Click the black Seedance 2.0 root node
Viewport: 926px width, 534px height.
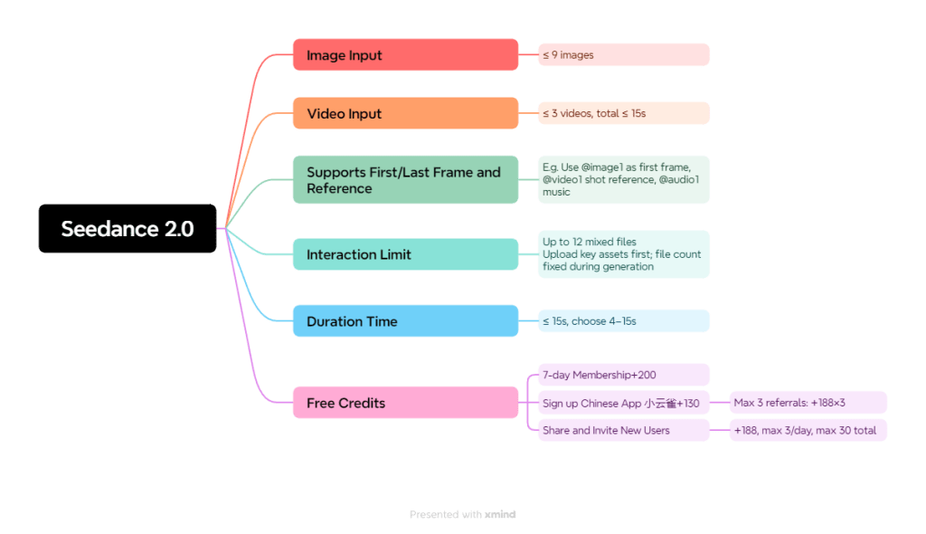point(128,228)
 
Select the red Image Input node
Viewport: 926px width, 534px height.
point(405,55)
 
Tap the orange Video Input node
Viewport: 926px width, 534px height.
point(405,114)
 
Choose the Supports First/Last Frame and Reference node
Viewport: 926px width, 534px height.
point(405,180)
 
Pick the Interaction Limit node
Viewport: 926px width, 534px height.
point(405,254)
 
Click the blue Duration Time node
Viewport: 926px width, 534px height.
point(405,321)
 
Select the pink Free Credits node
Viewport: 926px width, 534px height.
point(405,403)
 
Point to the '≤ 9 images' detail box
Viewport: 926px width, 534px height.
point(624,55)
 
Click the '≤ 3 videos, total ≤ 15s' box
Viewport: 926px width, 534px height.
point(624,114)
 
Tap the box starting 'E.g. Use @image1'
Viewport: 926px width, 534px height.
point(624,180)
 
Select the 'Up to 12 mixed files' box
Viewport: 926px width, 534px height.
point(624,254)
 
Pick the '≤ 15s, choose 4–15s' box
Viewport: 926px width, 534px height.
point(624,321)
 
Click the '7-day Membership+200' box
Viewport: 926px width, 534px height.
point(624,375)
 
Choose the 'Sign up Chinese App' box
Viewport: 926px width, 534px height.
point(624,403)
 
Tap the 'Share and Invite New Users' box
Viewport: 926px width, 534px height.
point(624,431)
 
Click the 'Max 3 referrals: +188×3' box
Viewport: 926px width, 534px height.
point(808,403)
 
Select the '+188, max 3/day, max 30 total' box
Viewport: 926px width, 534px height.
point(808,431)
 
